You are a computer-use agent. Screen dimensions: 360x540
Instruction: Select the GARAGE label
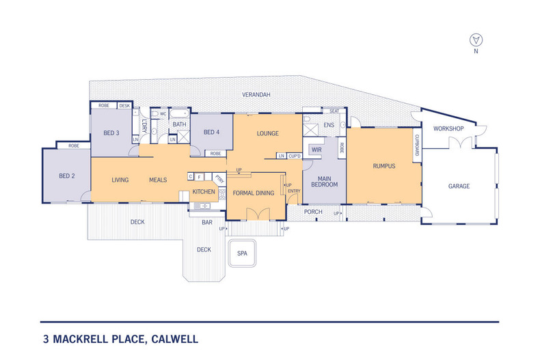[458, 186]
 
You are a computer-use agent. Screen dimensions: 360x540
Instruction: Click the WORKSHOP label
[448, 128]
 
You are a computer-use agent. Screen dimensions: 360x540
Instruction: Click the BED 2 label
[66, 176]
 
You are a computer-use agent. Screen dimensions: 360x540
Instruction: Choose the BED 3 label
[112, 133]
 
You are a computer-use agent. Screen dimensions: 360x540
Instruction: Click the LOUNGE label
[267, 133]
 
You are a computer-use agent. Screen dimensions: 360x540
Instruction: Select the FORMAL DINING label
[253, 193]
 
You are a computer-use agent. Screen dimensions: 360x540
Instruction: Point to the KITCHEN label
[204, 192]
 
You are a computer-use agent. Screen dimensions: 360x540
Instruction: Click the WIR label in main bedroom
[316, 149]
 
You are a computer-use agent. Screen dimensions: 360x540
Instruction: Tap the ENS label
[328, 125]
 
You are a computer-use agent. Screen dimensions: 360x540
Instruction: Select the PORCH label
[313, 212]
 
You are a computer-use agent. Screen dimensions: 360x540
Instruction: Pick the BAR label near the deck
[206, 222]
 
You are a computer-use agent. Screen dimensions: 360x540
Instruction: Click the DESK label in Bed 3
[124, 106]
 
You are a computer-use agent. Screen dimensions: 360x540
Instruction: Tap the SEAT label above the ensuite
[334, 111]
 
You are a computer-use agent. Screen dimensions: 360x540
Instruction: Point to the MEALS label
[159, 180]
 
